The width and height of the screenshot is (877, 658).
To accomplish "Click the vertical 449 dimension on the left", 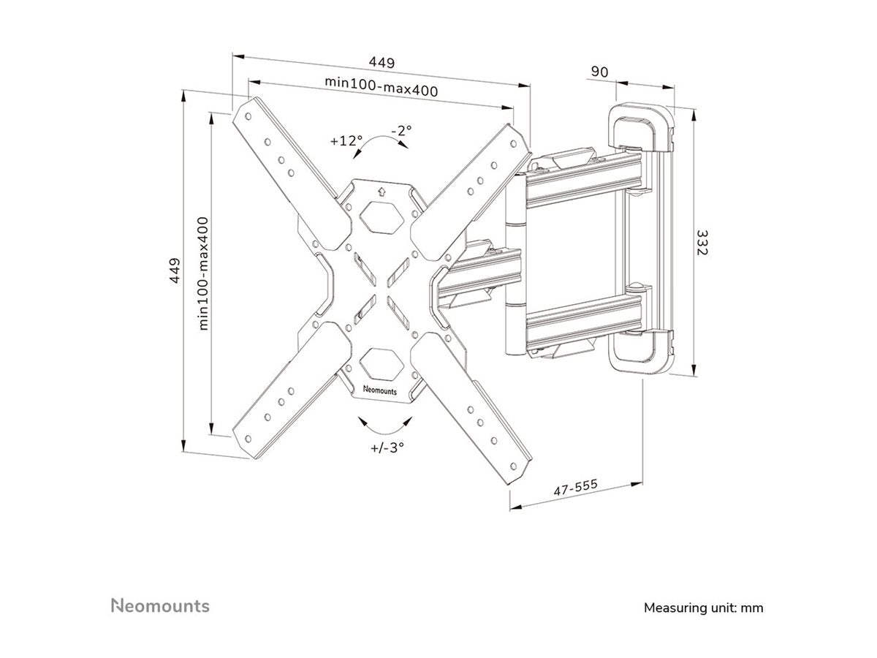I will coord(174,273).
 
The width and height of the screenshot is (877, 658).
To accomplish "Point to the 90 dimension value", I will coord(599,72).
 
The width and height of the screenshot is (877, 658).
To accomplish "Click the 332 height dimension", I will coord(702,242).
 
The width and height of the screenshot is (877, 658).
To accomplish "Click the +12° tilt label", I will coord(346,139).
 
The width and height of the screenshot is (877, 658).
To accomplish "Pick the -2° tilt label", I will coord(401,130).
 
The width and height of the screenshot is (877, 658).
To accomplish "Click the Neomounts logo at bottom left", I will coord(160,605).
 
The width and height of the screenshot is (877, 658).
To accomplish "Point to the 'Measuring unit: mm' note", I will coord(703,608).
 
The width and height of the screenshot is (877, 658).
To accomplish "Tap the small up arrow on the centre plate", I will coord(380,192).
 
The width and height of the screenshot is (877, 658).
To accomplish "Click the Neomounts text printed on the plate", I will coord(380,390).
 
